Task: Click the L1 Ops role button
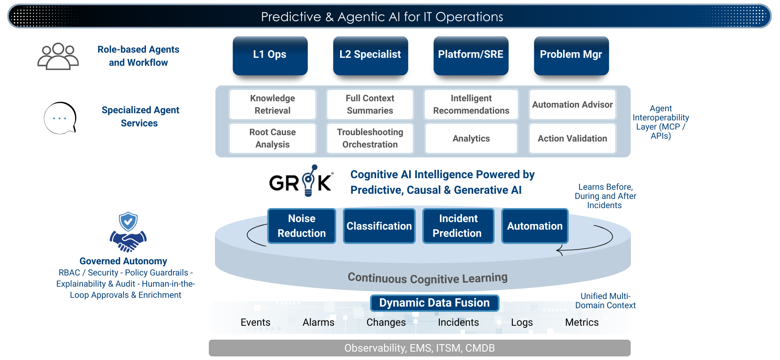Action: pyautogui.click(x=270, y=55)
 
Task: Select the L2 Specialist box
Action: pyautogui.click(x=370, y=55)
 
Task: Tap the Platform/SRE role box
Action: pyautogui.click(x=471, y=55)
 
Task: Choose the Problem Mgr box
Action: pyautogui.click(x=571, y=55)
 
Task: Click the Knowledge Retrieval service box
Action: pyautogui.click(x=273, y=104)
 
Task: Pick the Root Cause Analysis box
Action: pyautogui.click(x=273, y=138)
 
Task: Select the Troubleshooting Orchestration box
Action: pyautogui.click(x=370, y=138)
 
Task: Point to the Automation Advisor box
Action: pyautogui.click(x=572, y=104)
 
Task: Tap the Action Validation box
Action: pyautogui.click(x=572, y=138)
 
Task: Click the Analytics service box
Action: pyautogui.click(x=471, y=138)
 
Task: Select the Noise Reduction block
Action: pyautogui.click(x=302, y=226)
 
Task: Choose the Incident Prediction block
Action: pyautogui.click(x=458, y=226)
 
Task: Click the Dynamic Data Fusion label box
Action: pyautogui.click(x=434, y=303)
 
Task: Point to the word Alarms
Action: pyautogui.click(x=318, y=322)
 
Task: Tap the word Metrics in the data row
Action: pyautogui.click(x=582, y=322)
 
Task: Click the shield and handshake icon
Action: pyautogui.click(x=128, y=232)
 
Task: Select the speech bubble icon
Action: pyautogui.click(x=60, y=118)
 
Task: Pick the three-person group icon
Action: pyautogui.click(x=58, y=56)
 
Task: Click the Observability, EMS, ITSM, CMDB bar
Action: pyautogui.click(x=420, y=348)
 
